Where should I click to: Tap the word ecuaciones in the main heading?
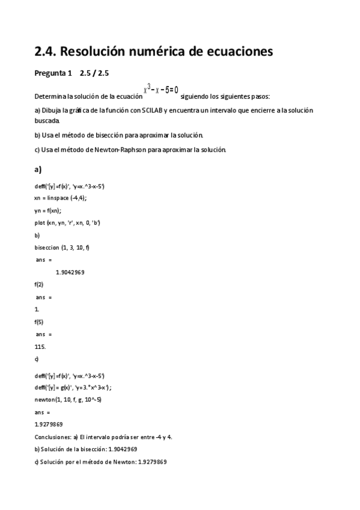[239, 52]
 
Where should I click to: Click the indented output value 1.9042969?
[70, 272]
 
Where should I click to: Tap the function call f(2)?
[39, 284]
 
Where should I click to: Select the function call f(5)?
[39, 322]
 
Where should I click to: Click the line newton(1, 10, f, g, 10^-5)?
[68, 399]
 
